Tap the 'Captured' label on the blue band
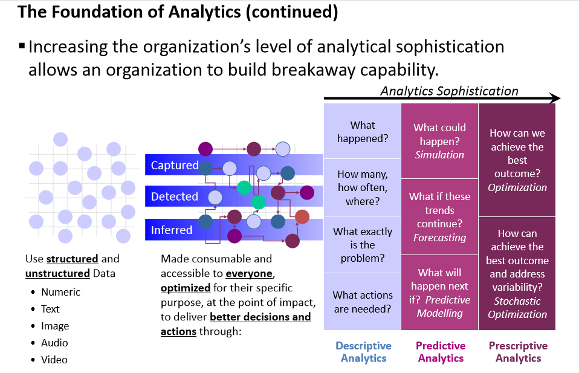[x=174, y=165]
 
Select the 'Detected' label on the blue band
[x=174, y=196]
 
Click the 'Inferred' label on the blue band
[x=172, y=230]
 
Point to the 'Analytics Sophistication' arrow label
[x=449, y=91]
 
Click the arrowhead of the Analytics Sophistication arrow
[x=555, y=99]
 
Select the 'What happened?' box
[x=363, y=131]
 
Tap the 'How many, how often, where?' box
[x=363, y=187]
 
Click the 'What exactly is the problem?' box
[x=363, y=245]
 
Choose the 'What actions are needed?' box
[x=363, y=302]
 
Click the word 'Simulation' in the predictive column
[x=439, y=155]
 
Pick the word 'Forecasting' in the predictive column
[x=439, y=238]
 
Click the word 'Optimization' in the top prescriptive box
[x=517, y=187]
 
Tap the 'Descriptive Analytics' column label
[x=363, y=352]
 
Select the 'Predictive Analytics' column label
[x=441, y=352]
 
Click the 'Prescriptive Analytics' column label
[x=518, y=352]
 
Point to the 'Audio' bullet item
[x=54, y=343]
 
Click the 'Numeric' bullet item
[x=60, y=292]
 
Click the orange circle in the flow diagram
[x=302, y=216]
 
